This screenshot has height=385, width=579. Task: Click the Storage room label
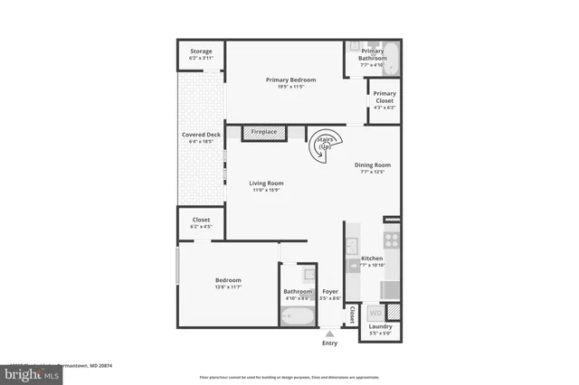pos(201,52)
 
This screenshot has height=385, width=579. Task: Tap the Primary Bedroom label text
pos(290,80)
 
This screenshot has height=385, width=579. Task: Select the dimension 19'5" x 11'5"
pos(290,87)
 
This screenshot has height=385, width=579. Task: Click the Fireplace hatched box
pos(264,133)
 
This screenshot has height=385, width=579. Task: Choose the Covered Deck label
pos(201,135)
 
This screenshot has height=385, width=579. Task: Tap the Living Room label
pos(266,183)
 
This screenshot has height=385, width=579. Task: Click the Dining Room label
pos(372,164)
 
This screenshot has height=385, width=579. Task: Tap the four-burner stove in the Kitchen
pos(393,239)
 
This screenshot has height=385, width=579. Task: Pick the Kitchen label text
pos(372,258)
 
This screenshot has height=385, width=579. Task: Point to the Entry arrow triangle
pos(329,333)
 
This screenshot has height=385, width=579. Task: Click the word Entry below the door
pos(329,343)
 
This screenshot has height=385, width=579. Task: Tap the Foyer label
pos(330,291)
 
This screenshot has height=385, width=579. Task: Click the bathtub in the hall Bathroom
pos(297,316)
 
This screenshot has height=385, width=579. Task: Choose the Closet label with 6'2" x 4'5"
pos(201,220)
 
